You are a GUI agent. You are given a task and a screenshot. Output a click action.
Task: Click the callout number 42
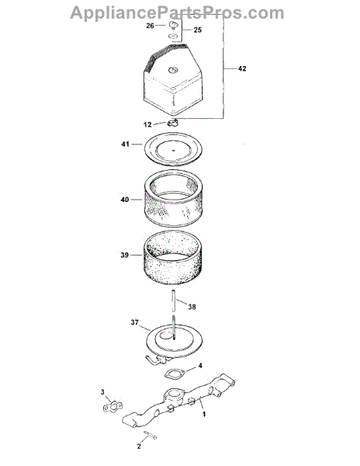click(242, 68)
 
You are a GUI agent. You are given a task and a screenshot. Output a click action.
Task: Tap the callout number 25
click(198, 30)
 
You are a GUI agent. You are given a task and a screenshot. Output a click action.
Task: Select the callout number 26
click(151, 26)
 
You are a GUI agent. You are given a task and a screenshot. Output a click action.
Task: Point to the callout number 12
click(147, 125)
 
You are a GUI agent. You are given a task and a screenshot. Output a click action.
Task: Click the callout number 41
click(125, 144)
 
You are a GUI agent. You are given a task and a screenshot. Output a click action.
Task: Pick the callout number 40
click(125, 200)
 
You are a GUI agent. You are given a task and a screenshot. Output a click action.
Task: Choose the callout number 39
click(125, 255)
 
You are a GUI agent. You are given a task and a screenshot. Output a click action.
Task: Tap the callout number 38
click(192, 307)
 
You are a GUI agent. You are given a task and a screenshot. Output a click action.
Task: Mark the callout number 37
click(135, 322)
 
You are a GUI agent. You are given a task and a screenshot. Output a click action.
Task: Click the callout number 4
click(200, 366)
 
